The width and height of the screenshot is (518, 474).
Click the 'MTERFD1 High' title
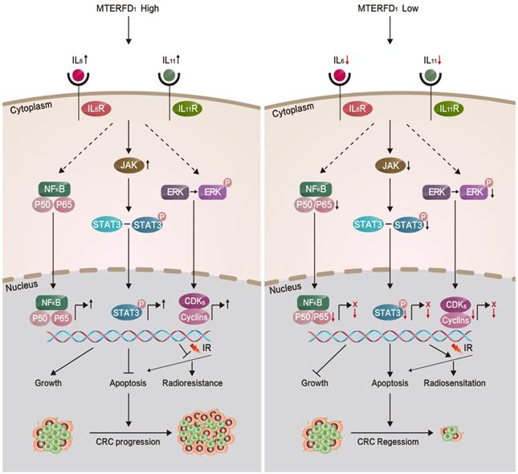pyautogui.click(x=128, y=10)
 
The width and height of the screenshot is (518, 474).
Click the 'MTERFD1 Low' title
pyautogui.click(x=389, y=10)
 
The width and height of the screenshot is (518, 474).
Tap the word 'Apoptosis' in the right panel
pyautogui.click(x=389, y=382)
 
